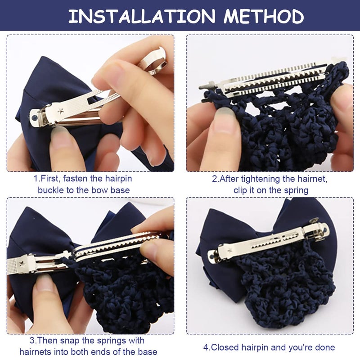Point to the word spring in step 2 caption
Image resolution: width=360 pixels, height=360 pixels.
point(296,190)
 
